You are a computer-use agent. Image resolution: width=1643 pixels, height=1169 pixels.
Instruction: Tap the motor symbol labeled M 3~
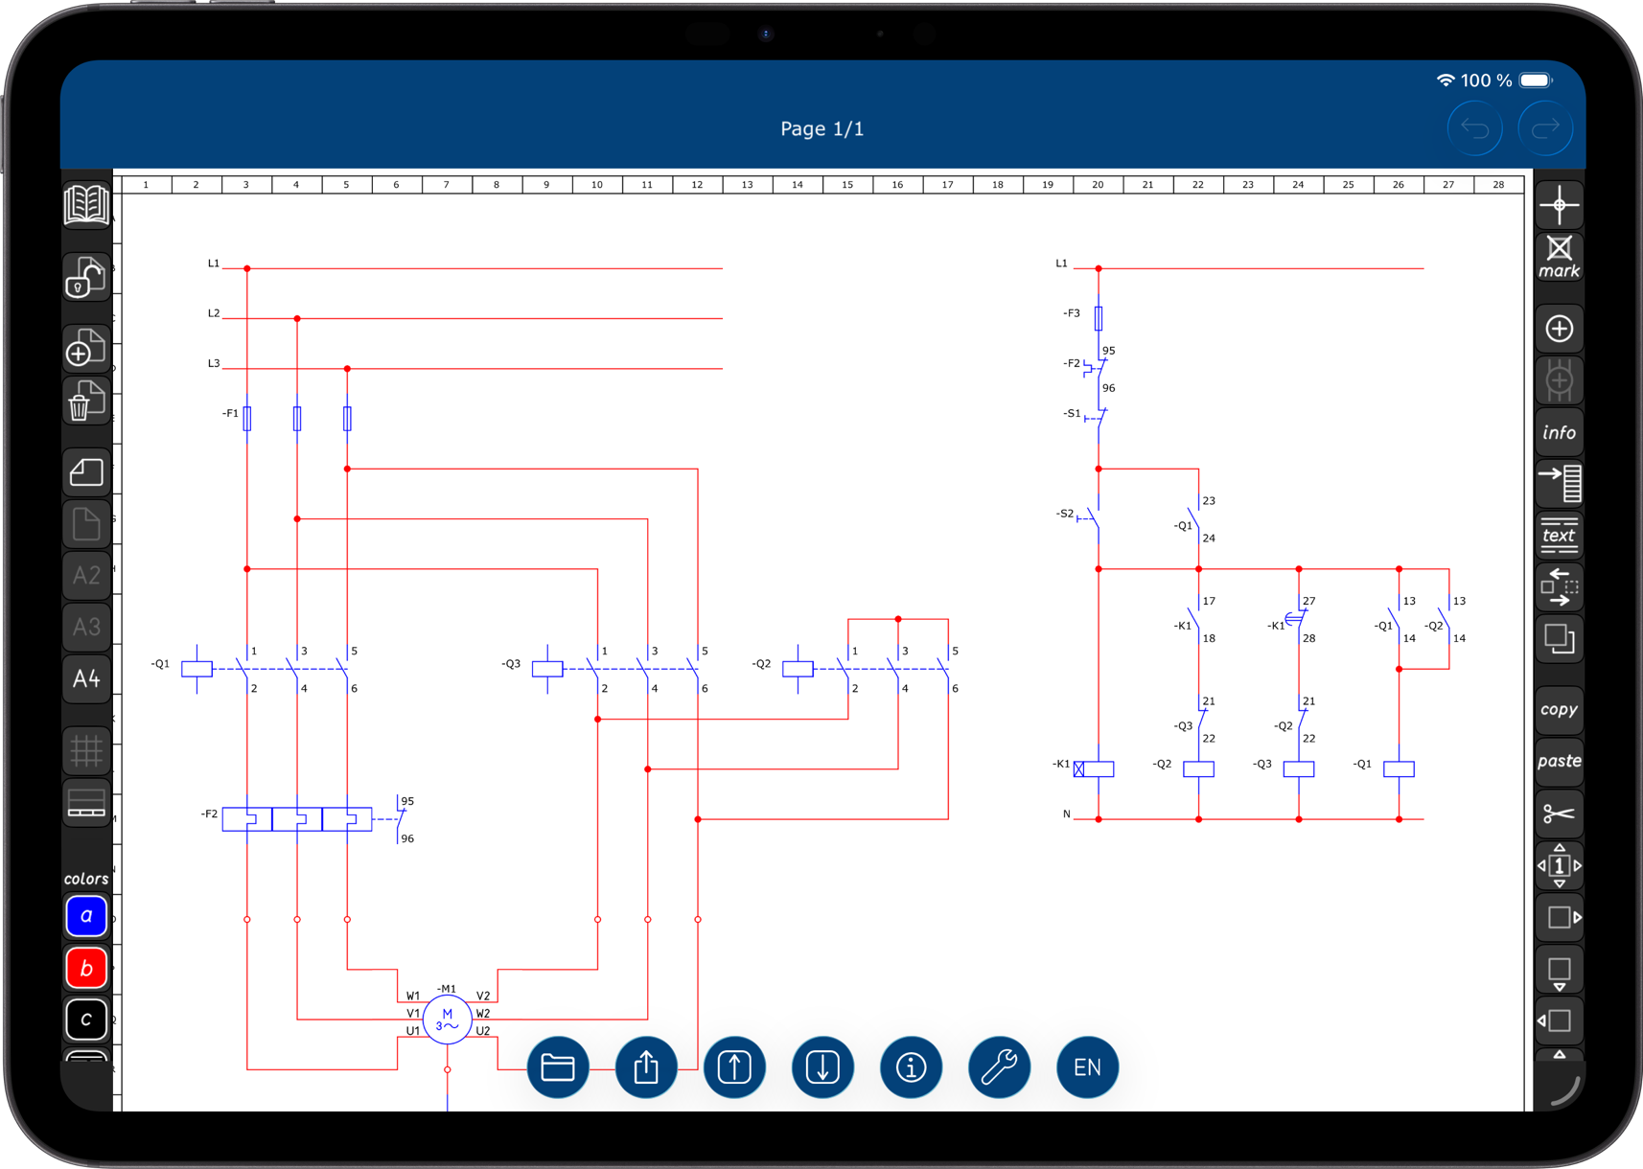447,1020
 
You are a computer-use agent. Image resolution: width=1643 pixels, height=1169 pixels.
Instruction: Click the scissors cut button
1559,814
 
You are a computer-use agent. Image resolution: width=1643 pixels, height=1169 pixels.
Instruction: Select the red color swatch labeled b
86,968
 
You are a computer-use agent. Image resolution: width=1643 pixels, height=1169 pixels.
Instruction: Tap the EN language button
1087,1066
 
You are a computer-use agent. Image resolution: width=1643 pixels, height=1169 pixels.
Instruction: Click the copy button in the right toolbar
1559,710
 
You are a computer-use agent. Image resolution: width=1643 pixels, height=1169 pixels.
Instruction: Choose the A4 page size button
86,678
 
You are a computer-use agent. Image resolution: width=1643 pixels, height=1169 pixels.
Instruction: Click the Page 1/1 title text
821,128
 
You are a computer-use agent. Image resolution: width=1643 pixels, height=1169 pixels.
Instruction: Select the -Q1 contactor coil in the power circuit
197,669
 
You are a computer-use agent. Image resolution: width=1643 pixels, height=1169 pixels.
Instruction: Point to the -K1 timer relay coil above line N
1095,768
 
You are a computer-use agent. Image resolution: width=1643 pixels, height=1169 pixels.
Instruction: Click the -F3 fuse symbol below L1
1099,317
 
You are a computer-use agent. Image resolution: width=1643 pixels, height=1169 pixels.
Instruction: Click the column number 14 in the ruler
797,185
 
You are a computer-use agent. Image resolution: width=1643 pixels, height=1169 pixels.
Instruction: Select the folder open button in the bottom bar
558,1066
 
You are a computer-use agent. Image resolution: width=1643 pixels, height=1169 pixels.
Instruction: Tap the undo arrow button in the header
1474,128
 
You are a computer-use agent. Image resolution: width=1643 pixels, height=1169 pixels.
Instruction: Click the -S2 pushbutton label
1064,514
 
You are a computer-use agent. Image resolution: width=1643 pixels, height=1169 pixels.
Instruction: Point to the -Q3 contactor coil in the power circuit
547,669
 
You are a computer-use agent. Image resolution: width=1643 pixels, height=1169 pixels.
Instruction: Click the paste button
1559,762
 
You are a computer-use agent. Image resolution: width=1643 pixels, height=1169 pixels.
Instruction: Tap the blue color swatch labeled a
86,916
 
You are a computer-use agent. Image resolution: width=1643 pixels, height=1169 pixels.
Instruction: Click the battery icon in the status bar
1536,80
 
